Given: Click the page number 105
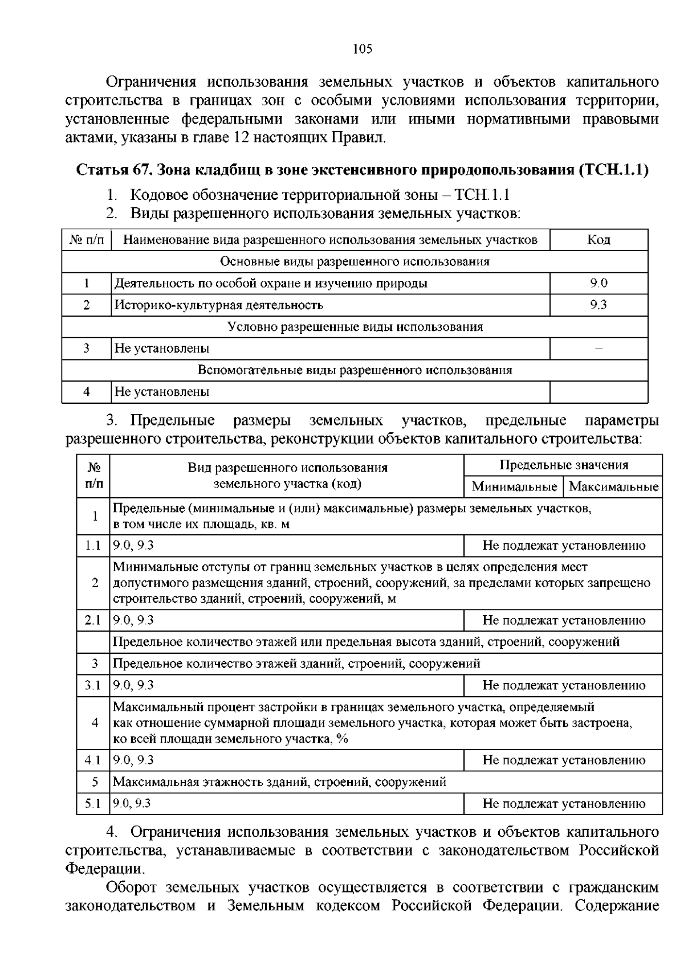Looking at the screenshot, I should pyautogui.click(x=363, y=49).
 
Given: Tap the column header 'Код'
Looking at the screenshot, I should pyautogui.click(x=598, y=240).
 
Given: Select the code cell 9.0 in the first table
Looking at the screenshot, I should pyautogui.click(x=598, y=283).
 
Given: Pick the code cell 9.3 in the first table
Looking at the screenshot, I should pyautogui.click(x=598, y=305).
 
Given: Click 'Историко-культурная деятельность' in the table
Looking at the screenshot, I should pyautogui.click(x=219, y=305).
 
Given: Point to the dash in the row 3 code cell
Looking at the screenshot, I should pyautogui.click(x=598, y=349).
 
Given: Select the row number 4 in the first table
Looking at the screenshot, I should pyautogui.click(x=86, y=392).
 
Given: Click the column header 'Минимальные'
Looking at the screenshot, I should pyautogui.click(x=514, y=487).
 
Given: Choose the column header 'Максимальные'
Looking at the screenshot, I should pyautogui.click(x=613, y=487).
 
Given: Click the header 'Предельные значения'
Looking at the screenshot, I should pyautogui.click(x=563, y=465).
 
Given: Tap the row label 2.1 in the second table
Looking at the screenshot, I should pyautogui.click(x=92, y=620).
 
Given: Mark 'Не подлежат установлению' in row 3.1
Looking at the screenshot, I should pyautogui.click(x=563, y=685).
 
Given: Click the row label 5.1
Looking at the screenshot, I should pyautogui.click(x=92, y=804).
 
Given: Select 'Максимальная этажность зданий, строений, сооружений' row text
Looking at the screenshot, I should pyautogui.click(x=279, y=782).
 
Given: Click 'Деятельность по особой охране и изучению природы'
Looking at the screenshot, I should pyautogui.click(x=271, y=283).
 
